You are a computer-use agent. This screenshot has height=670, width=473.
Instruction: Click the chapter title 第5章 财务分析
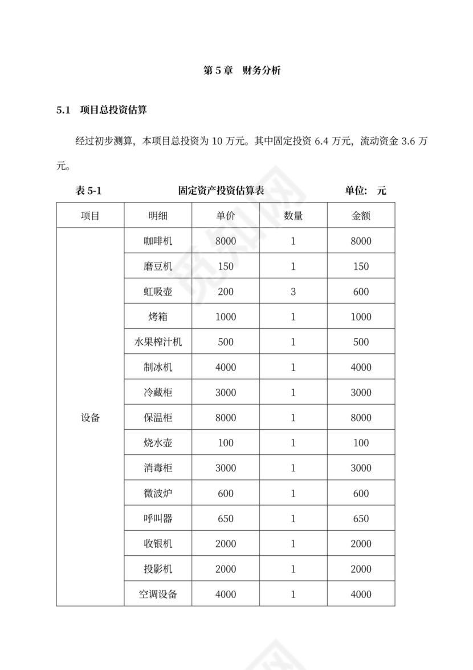(242, 71)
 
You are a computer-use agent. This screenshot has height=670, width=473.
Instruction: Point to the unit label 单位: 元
(365, 191)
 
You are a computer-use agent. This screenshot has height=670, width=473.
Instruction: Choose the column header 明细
(158, 216)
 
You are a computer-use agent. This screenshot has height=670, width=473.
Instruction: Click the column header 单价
(226, 216)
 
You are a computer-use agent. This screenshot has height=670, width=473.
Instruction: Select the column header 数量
(293, 216)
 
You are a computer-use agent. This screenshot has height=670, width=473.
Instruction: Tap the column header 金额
(361, 216)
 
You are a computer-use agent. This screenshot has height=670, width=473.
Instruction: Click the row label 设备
(90, 417)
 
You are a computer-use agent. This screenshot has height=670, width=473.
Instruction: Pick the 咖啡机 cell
(158, 241)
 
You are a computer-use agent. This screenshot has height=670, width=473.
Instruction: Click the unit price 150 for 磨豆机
(226, 267)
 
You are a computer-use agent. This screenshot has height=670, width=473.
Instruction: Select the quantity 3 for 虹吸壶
(293, 292)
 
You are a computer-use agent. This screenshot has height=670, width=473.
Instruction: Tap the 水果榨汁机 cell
(158, 342)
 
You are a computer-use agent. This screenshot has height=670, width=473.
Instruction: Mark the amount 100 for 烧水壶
(361, 443)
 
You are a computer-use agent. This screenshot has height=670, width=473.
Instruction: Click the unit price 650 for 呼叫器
(226, 519)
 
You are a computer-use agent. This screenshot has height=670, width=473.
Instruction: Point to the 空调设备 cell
(158, 594)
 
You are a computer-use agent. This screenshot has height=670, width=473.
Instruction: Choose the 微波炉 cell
(158, 493)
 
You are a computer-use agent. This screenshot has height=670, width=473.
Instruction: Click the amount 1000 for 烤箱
(361, 317)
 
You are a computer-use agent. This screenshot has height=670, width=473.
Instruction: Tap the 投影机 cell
(158, 569)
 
